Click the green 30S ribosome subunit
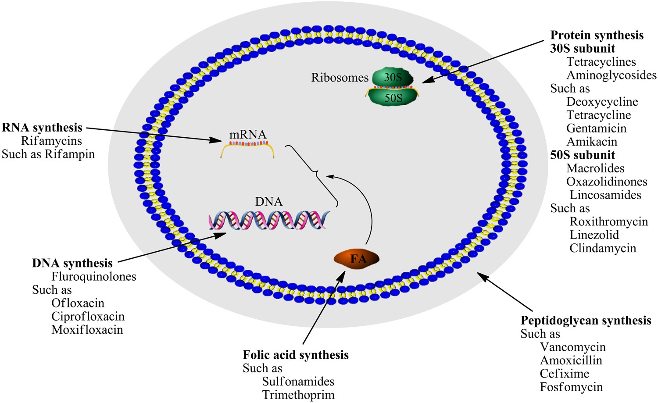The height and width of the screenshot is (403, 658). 393,78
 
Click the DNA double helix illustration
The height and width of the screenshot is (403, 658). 269,220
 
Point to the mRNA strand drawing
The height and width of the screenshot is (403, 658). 248,147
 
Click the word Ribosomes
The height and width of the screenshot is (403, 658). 340,78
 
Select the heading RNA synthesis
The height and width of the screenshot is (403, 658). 42,128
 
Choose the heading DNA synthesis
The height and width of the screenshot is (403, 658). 72,263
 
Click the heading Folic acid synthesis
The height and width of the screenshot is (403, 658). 296,355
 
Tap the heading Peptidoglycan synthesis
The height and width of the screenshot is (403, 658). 586,321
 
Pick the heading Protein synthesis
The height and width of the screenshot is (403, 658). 597,35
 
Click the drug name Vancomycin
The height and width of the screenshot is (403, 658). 572,347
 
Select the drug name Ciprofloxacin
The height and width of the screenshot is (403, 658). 88,317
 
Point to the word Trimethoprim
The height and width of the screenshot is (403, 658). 298,395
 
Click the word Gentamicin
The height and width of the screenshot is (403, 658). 596,128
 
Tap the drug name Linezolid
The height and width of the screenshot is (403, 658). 594,235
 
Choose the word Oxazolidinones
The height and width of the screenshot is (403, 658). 607,182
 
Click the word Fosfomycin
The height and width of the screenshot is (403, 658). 571,387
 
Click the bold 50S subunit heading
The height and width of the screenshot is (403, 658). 583,155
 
